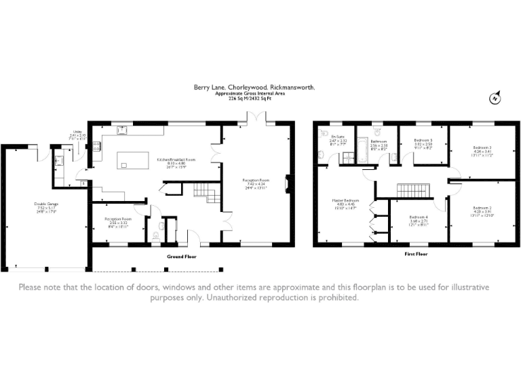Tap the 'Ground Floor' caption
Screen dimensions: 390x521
coord(182,257)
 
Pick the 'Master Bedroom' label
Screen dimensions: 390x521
coord(345,202)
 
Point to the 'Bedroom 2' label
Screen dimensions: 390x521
coord(482,209)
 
